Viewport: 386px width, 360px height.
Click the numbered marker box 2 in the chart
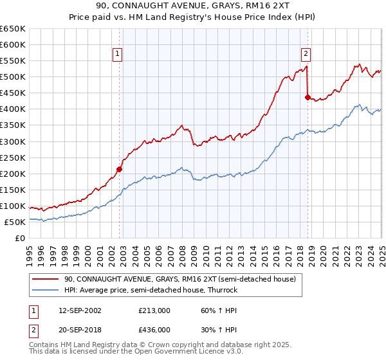[306, 55]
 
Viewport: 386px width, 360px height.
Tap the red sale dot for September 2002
[119, 169]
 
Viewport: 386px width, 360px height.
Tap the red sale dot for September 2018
[308, 97]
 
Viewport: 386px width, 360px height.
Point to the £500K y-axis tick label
[13, 77]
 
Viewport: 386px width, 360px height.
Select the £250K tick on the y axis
[13, 157]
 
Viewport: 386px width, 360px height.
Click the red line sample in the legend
[46, 280]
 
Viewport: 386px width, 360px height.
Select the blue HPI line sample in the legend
[46, 291]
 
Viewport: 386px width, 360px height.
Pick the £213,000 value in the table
[154, 310]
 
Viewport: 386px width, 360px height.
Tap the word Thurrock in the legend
[223, 291]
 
